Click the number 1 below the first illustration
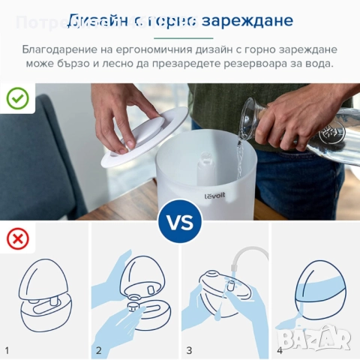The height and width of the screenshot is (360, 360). (7, 350)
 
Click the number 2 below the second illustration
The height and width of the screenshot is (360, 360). (98, 350)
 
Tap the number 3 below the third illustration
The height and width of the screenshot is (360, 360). (189, 350)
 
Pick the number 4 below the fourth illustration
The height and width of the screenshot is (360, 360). (279, 350)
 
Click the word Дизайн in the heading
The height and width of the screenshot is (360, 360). (101, 20)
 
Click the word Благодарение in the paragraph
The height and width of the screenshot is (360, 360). (61, 49)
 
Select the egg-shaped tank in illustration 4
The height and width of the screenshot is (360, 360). (315, 289)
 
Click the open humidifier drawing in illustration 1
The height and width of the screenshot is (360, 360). (45, 292)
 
